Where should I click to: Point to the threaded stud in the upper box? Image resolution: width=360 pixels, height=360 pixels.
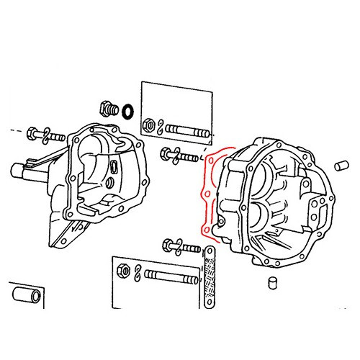coord(188,133)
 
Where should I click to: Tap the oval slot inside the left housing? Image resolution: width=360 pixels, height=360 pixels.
coord(116,168)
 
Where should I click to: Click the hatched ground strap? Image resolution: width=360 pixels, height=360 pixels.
coord(210,276)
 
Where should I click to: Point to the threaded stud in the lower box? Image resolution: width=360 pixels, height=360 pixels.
coord(171,276)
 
